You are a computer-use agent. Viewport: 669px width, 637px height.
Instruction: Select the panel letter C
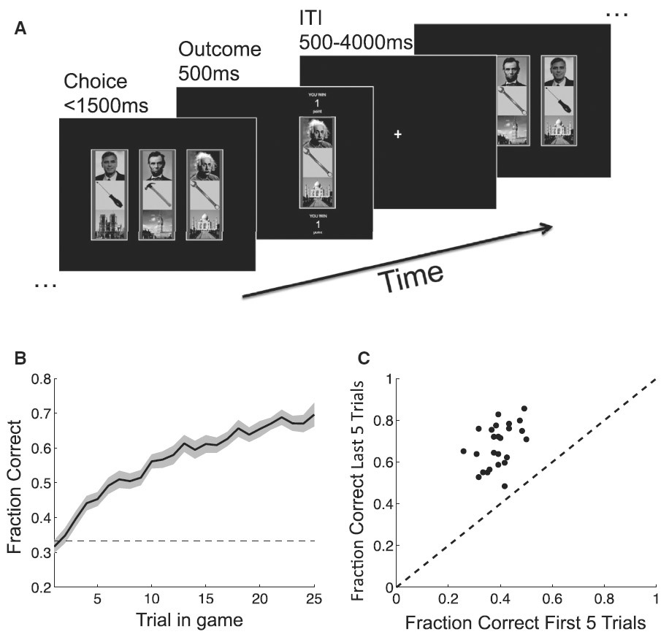363,359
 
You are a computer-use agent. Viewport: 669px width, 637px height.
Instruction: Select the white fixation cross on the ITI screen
398,134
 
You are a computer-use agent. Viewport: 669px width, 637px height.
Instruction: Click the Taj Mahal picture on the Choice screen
204,224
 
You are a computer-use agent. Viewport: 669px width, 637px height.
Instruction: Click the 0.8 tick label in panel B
41,379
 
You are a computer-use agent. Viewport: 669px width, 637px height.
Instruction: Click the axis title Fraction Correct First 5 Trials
526,623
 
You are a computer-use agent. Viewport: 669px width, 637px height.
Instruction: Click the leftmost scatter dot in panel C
463,451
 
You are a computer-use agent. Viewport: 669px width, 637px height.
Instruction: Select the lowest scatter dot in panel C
505,486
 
